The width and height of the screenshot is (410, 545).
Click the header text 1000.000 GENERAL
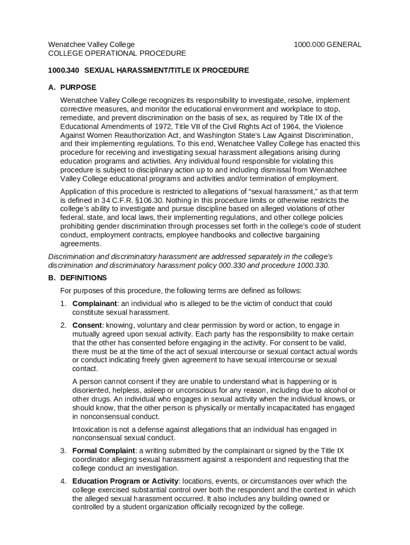tap(327, 45)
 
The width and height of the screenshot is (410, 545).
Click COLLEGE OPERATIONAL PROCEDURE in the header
tap(117, 53)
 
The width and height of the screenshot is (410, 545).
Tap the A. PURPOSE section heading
tap(72, 87)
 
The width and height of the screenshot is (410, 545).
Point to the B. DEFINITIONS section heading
tap(78, 278)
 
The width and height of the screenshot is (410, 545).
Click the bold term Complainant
tap(95, 304)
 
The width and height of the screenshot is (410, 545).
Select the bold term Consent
tap(87, 325)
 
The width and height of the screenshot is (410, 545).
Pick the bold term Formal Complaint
tap(104, 451)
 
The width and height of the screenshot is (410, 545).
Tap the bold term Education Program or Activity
tap(126, 481)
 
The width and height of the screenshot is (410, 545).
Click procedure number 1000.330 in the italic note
tap(313, 265)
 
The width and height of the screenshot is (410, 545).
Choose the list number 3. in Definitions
tap(63, 451)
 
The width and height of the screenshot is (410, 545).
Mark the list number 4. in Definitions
tap(63, 481)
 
